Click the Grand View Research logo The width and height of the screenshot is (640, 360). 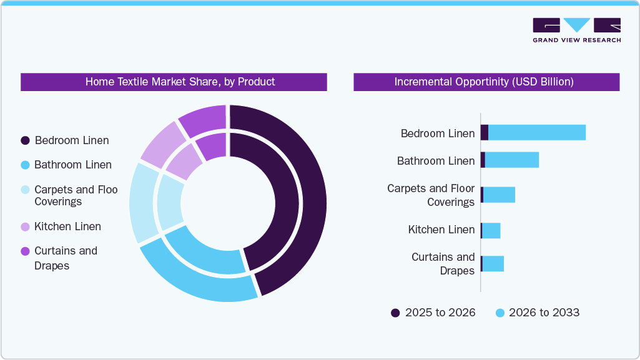click(576, 30)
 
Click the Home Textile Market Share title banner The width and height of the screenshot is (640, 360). click(174, 82)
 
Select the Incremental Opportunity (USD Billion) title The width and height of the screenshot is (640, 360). click(486, 82)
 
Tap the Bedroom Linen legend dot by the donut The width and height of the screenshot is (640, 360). click(26, 140)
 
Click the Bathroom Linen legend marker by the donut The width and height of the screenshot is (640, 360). click(26, 165)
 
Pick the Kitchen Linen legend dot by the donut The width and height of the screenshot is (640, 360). click(26, 226)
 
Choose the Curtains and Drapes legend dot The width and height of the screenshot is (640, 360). click(26, 251)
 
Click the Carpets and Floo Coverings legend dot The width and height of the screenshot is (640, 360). click(26, 190)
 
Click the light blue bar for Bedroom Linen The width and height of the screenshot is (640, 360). click(537, 132)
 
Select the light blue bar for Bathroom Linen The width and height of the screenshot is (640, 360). click(512, 160)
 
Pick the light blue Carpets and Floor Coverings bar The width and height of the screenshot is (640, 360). click(499, 195)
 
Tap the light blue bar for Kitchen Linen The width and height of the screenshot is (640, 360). click(491, 230)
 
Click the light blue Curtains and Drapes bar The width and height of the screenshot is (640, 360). click(493, 264)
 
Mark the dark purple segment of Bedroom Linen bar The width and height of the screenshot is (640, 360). click(484, 132)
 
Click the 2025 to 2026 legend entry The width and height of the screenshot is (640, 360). click(433, 313)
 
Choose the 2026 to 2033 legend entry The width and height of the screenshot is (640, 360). click(537, 313)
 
